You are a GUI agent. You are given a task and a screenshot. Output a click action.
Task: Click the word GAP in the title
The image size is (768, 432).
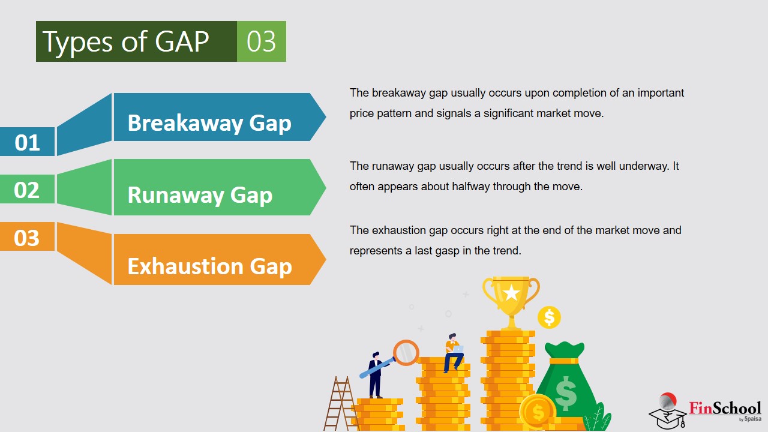[x=182, y=41]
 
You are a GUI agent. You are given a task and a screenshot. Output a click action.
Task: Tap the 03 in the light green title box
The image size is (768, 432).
[x=261, y=41]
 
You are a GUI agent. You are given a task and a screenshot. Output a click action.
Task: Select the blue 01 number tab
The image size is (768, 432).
[x=28, y=142]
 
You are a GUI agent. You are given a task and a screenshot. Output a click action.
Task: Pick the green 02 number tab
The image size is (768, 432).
[x=28, y=189]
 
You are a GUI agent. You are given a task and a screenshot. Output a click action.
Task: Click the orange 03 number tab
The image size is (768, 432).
[x=28, y=237]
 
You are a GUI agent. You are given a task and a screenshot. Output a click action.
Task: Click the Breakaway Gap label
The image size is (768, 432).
[x=209, y=123]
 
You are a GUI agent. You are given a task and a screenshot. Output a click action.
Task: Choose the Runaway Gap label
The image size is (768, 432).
[x=200, y=195]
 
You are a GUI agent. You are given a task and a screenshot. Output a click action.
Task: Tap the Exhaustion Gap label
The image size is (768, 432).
[x=210, y=266]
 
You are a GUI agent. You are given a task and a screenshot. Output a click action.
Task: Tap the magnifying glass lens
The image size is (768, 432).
[x=406, y=352]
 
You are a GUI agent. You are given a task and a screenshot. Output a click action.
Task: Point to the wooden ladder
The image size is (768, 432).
[x=340, y=403]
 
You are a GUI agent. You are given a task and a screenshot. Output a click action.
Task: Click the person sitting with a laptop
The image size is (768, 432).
[x=453, y=353]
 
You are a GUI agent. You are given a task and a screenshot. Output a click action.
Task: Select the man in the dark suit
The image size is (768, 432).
[x=376, y=375]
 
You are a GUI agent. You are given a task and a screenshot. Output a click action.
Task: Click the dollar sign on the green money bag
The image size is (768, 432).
[x=565, y=393]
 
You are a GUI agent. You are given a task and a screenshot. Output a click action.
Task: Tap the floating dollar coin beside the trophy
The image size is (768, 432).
[x=549, y=317]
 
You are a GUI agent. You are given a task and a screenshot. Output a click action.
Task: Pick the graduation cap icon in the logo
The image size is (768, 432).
[x=668, y=418]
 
